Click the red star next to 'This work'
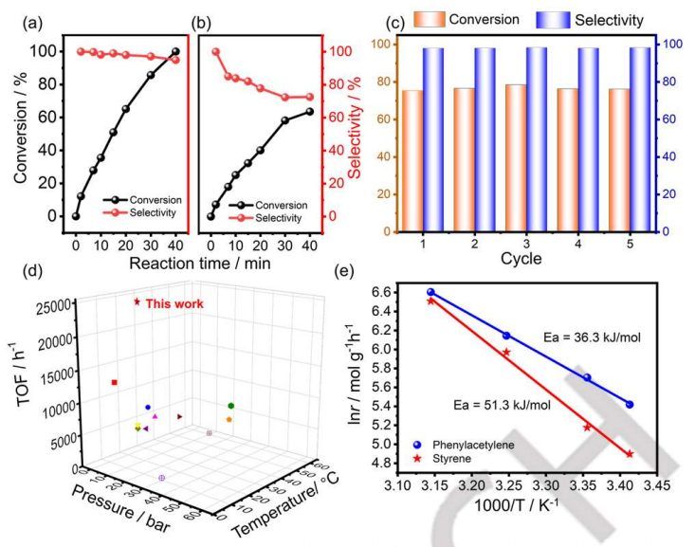pos(137,301)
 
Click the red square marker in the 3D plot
pos(115,382)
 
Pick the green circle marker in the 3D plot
pos(230,406)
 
